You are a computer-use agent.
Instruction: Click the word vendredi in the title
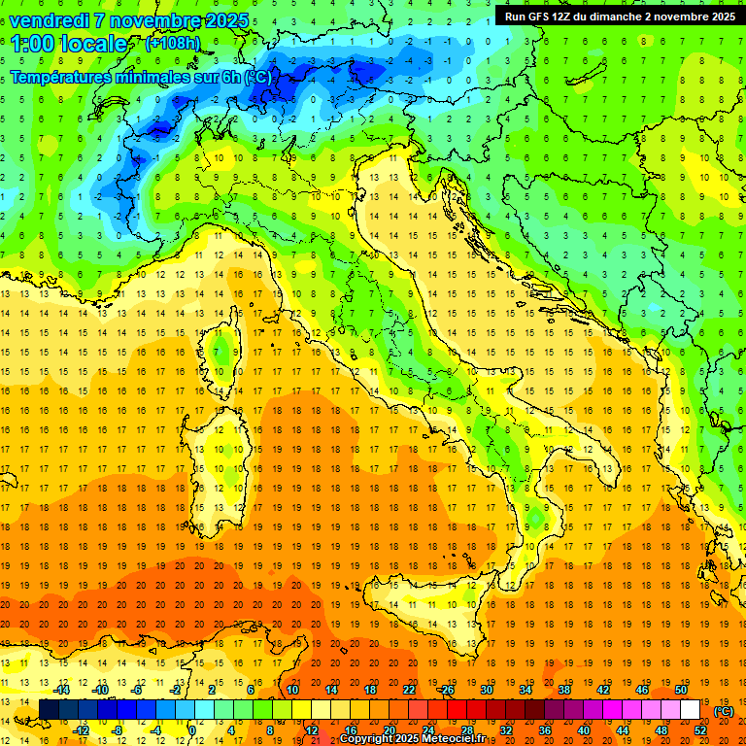point(51,20)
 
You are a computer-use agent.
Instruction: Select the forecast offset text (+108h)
point(172,44)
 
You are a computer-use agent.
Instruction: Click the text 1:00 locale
point(69,44)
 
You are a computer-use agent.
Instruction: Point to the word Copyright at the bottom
point(369,739)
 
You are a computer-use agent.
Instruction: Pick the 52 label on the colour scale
point(700,729)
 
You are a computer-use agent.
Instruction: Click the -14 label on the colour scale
point(62,689)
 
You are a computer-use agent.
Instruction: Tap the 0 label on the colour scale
point(192,729)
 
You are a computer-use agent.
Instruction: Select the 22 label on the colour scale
point(409,689)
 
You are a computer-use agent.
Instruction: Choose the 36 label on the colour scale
point(544,729)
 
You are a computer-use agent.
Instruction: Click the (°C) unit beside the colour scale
point(724,710)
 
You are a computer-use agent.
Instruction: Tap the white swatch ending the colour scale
point(690,709)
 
